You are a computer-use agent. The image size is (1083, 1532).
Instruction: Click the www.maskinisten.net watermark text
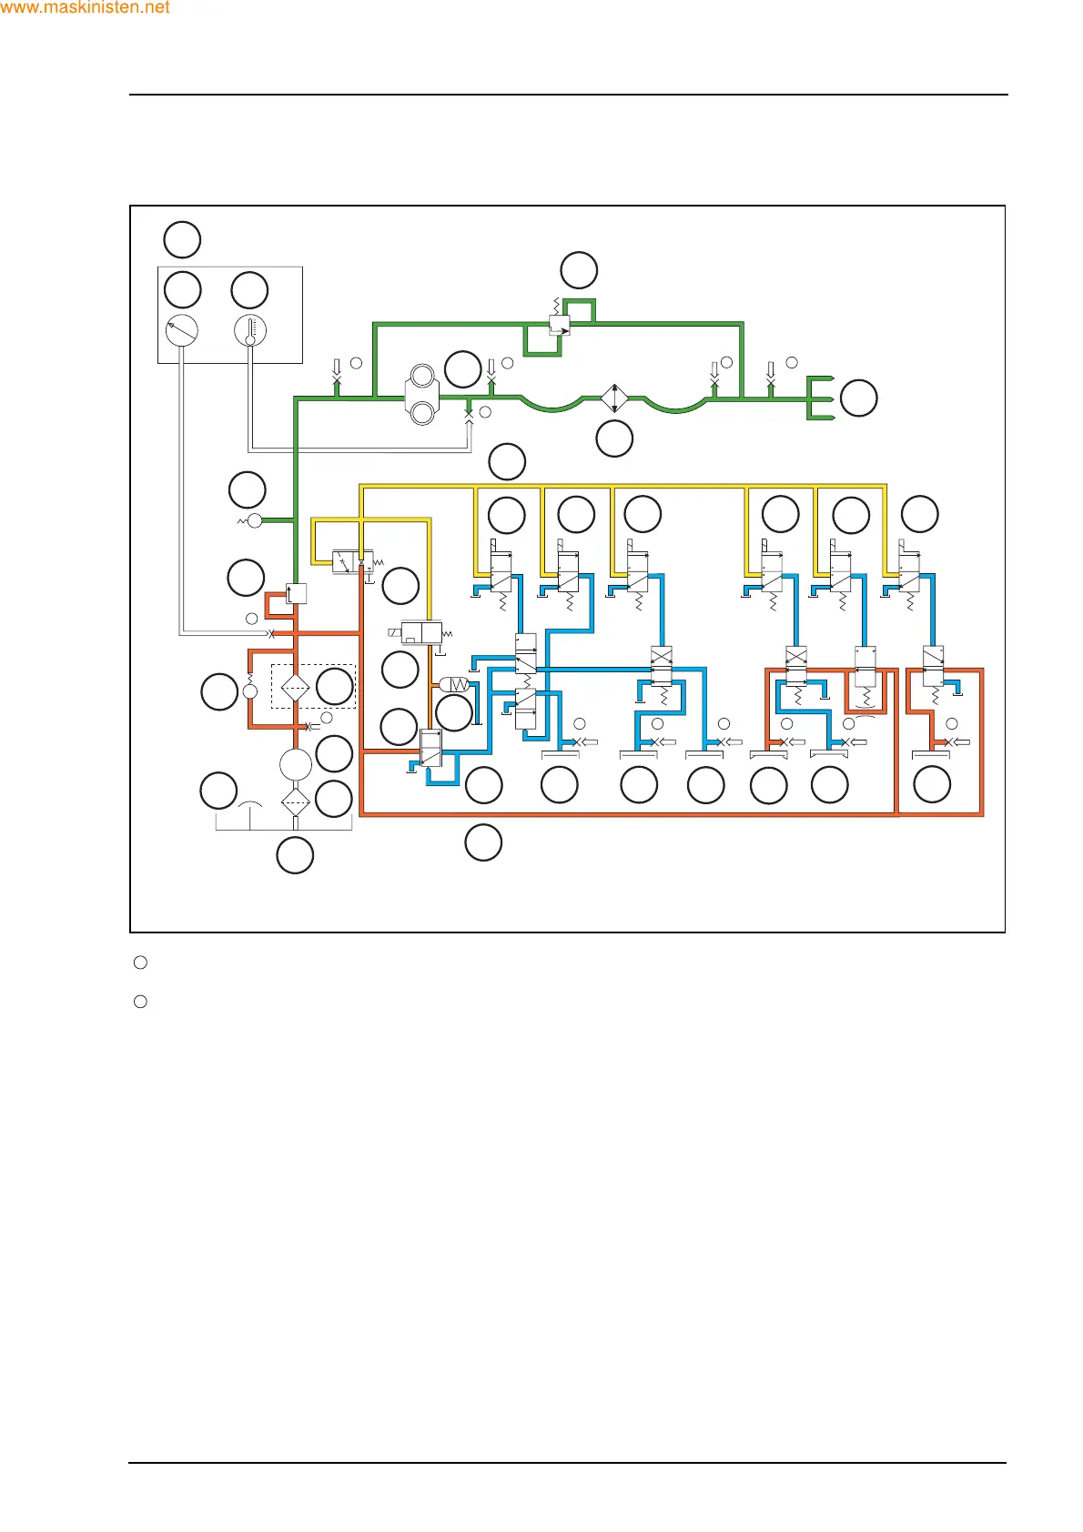[x=86, y=8]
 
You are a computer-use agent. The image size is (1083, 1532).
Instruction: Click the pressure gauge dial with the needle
[x=182, y=329]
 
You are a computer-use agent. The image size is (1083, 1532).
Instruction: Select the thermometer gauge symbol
[x=250, y=329]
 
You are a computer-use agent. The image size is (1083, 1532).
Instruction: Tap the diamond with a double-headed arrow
[x=614, y=398]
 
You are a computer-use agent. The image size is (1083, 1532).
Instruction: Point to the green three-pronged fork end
[x=820, y=398]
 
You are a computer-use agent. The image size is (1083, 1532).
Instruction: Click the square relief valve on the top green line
[x=560, y=325]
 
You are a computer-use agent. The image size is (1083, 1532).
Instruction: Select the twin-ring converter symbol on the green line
[x=422, y=395]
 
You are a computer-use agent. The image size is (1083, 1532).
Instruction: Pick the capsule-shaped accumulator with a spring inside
[x=454, y=684]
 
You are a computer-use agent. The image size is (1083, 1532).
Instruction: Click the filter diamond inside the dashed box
[x=295, y=687]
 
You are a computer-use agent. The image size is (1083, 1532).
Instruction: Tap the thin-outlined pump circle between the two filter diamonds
[x=296, y=764]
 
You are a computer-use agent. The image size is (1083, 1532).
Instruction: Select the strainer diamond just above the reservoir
[x=296, y=802]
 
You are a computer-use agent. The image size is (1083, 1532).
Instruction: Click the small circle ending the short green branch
[x=255, y=520]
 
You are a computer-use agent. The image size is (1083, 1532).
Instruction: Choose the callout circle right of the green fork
[x=858, y=398]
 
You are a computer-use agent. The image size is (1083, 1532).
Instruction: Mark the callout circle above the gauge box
[x=182, y=240]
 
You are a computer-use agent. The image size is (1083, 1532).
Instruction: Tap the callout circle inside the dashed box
[x=334, y=687]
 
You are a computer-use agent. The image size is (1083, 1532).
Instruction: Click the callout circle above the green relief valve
[x=579, y=270]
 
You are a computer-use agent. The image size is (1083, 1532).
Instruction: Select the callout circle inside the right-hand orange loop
[x=932, y=785]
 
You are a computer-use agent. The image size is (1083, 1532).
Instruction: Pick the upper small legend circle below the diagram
[x=140, y=963]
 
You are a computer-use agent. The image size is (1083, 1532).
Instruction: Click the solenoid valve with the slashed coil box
[x=421, y=633]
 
